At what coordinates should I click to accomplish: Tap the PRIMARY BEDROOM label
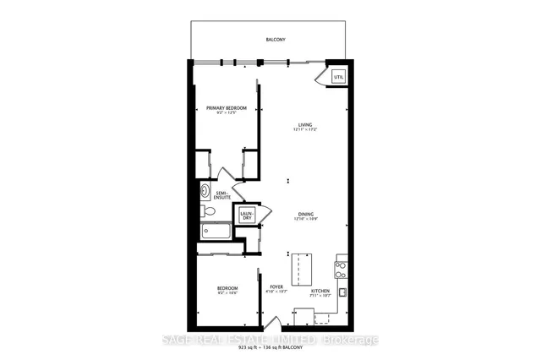(226, 107)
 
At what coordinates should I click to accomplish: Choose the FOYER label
(276, 287)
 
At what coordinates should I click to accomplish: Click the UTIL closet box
(339, 78)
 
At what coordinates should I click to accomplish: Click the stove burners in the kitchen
(342, 270)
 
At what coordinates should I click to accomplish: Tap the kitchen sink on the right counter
(342, 292)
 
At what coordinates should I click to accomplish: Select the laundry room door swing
(265, 215)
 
